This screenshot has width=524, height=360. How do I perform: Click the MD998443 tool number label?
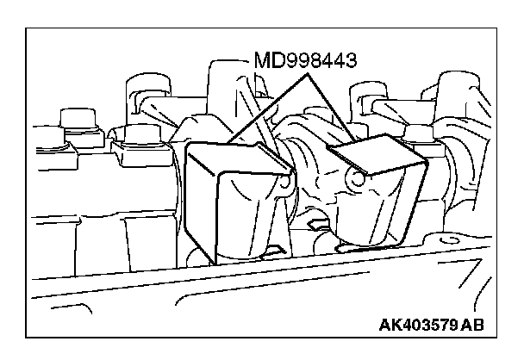pos(305,62)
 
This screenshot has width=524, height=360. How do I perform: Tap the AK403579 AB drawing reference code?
pos(431,326)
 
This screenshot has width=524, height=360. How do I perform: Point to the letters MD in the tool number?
pos(267,62)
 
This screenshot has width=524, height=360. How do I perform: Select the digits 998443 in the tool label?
pos(319,62)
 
